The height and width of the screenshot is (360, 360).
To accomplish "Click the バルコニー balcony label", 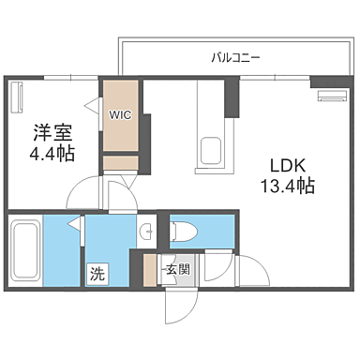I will (235, 58).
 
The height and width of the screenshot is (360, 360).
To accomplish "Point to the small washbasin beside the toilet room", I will (147, 232).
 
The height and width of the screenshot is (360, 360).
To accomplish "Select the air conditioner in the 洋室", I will (17, 96).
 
